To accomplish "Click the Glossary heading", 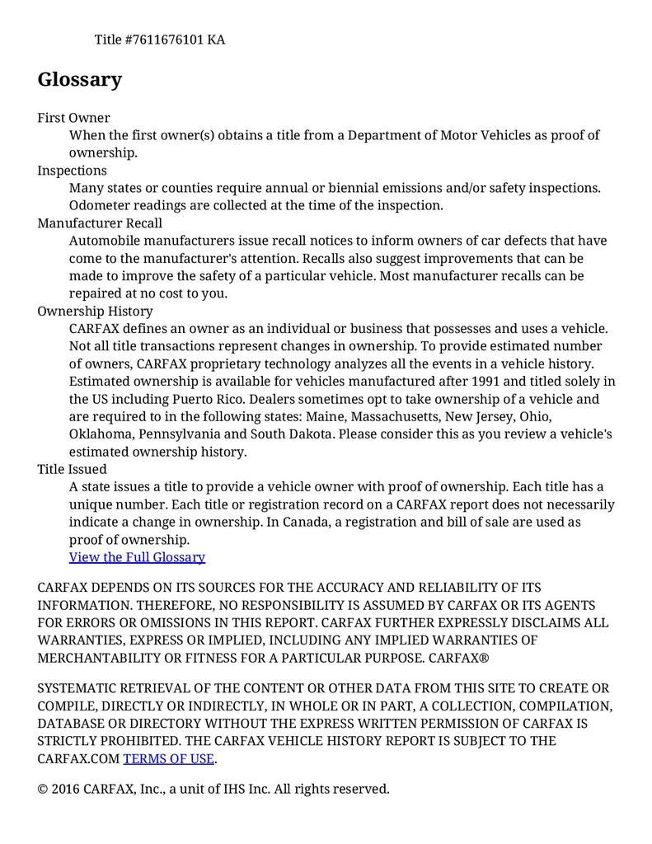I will pos(80,80).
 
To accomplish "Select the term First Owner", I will pos(73,118).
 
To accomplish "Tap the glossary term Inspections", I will pos(72,171).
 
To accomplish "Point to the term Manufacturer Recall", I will pos(100,223).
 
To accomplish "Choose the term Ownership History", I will pos(95,312).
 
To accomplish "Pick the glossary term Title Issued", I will pos(72,470).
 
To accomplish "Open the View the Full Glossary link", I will pos(137,557).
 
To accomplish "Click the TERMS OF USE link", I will pos(168,758).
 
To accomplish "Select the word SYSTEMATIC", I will pos(77,689).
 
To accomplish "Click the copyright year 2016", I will pos(67,789).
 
